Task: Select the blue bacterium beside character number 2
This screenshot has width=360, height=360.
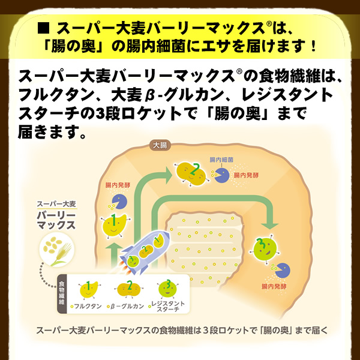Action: coord(220,176)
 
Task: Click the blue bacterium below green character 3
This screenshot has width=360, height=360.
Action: coord(280,270)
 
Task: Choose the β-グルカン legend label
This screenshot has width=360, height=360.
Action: coord(128,306)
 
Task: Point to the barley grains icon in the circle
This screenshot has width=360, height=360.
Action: coord(55,250)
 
